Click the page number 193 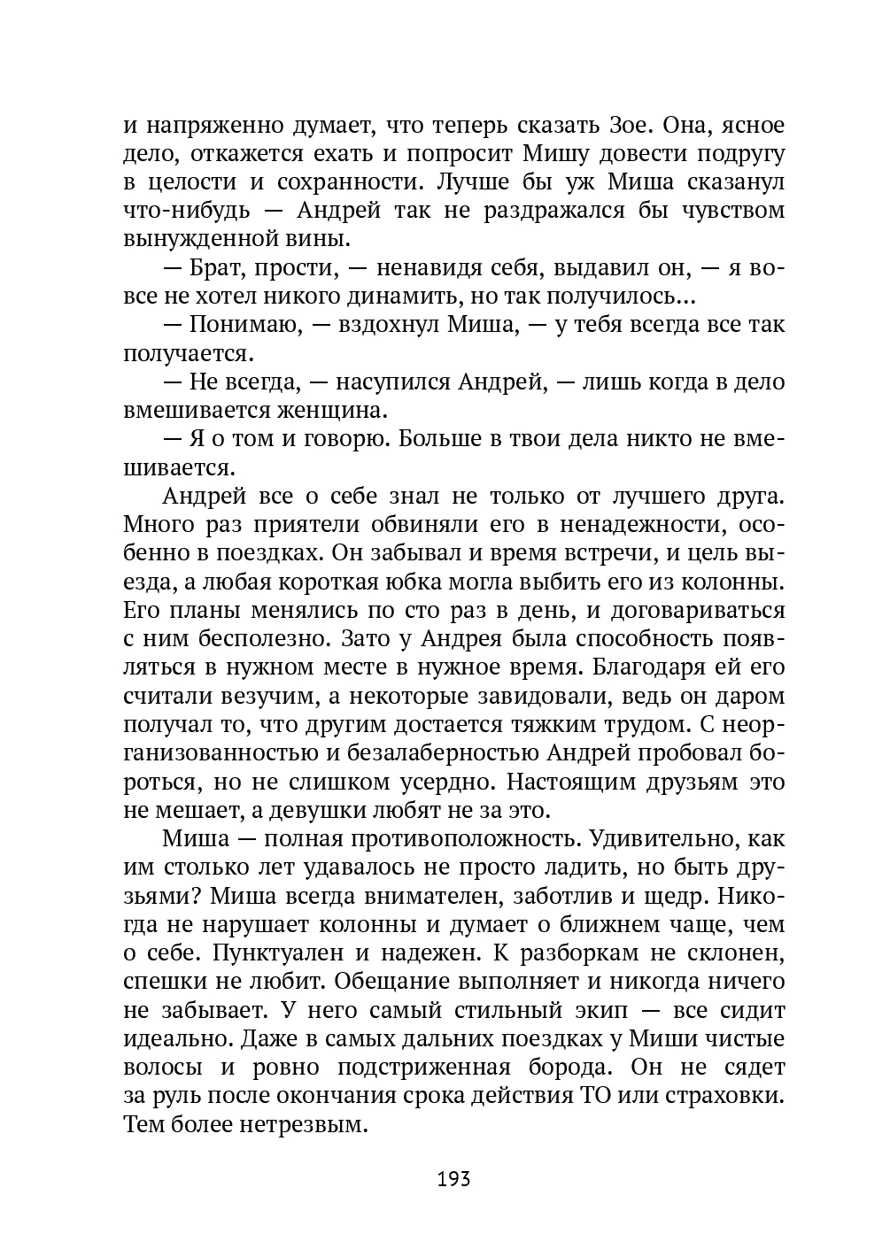click(x=453, y=1179)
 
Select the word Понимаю click(x=242, y=325)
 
